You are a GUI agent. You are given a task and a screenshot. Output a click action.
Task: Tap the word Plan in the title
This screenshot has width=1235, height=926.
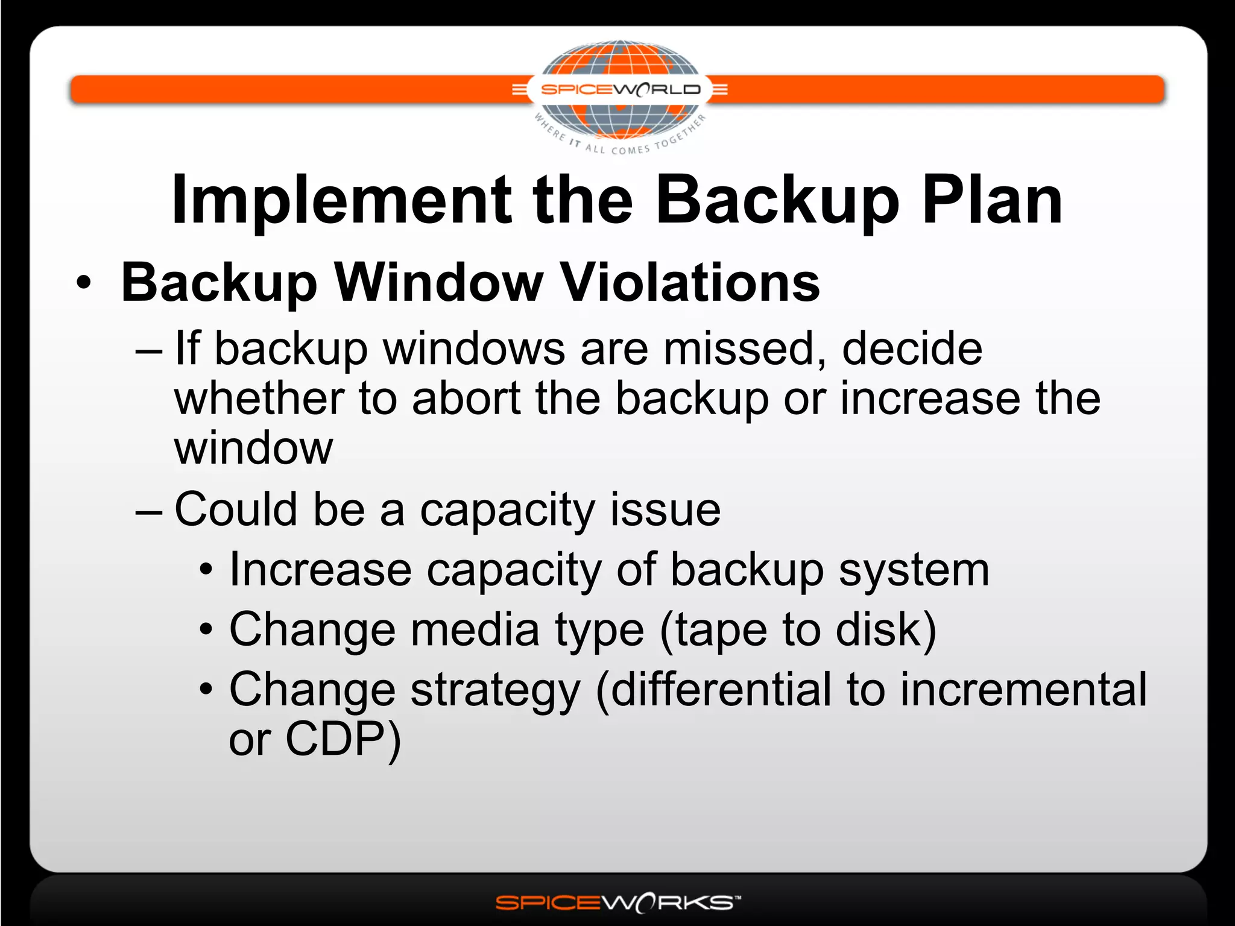point(993,201)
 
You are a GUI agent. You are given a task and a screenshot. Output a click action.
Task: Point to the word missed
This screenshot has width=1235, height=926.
point(745,349)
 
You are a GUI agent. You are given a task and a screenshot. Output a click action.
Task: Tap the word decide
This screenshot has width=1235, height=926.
point(912,349)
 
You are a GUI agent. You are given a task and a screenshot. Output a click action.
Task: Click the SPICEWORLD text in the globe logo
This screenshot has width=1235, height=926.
point(620,90)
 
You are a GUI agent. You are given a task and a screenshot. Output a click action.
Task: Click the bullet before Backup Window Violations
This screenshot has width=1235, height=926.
point(84,283)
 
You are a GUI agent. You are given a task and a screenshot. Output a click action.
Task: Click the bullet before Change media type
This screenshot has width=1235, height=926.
point(206,630)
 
